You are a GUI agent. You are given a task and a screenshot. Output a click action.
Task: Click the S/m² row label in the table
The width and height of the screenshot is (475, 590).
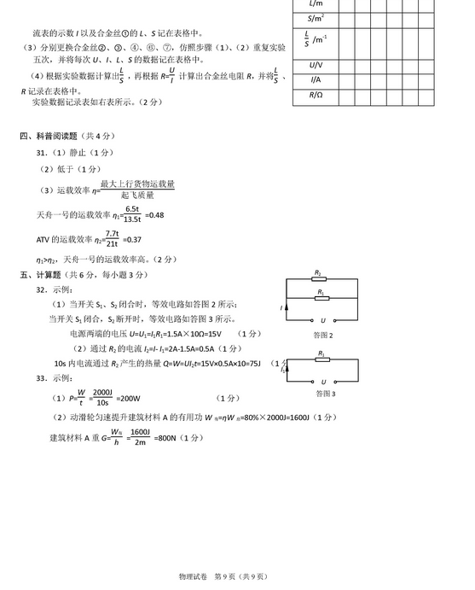pyautogui.click(x=316, y=18)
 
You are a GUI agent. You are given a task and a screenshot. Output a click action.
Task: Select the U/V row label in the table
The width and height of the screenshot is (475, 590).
pyautogui.click(x=316, y=65)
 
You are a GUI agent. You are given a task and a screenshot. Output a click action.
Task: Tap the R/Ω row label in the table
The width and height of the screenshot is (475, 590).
pyautogui.click(x=316, y=96)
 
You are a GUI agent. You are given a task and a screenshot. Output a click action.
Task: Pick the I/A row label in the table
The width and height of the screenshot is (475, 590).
pyautogui.click(x=316, y=80)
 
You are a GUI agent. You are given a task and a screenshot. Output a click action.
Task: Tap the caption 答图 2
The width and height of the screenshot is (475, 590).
pyautogui.click(x=323, y=335)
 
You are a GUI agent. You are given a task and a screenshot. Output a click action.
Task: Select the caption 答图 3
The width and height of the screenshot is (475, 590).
pyautogui.click(x=323, y=394)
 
